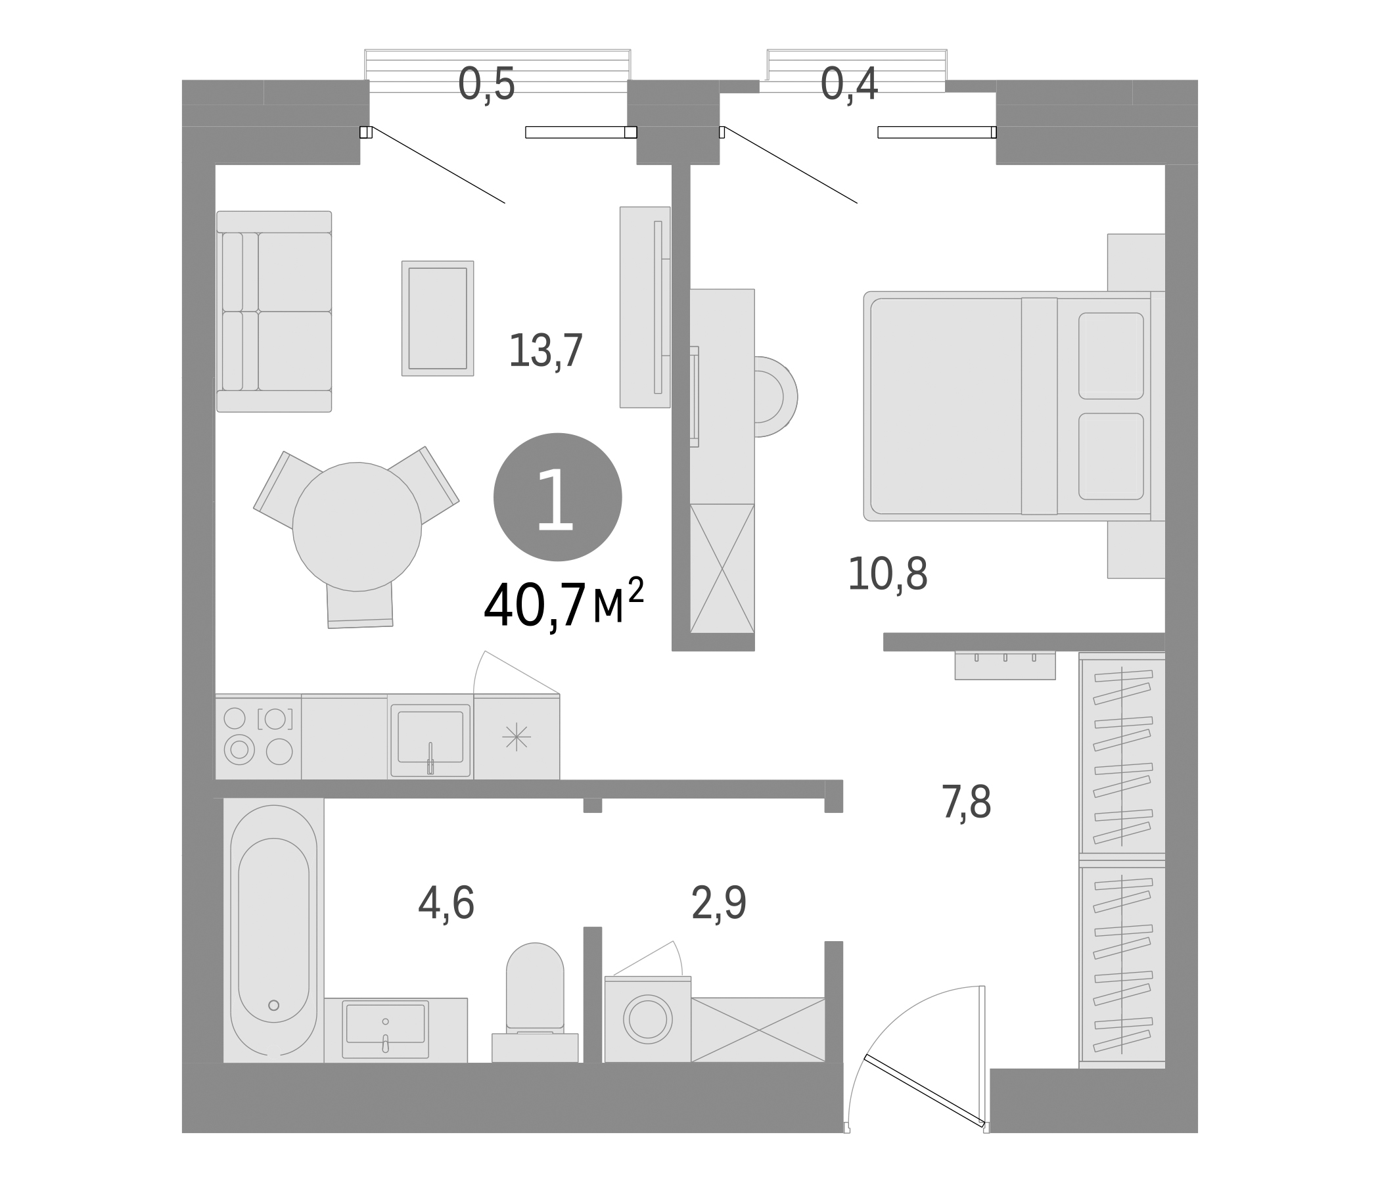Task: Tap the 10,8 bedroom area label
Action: (887, 574)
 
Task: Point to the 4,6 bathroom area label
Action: (446, 904)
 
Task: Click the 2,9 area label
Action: (719, 904)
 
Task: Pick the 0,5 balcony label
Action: (486, 85)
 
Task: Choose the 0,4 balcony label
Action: (848, 85)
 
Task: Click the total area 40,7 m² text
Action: (563, 605)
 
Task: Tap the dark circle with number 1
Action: (557, 497)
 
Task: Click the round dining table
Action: (357, 526)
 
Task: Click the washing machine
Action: (647, 1019)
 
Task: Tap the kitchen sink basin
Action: (430, 736)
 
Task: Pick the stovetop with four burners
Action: (258, 736)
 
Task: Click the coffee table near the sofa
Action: (438, 318)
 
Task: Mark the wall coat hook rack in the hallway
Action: (1004, 664)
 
